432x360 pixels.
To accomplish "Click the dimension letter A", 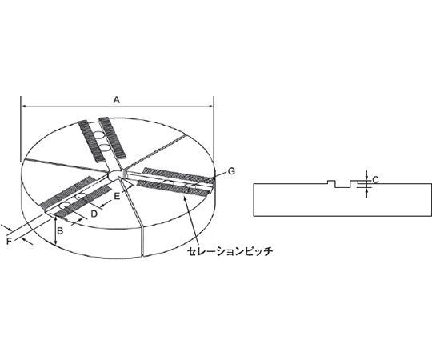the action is point(117,100).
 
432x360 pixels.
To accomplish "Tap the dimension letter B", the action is point(60,231).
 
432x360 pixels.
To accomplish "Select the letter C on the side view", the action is point(375,180).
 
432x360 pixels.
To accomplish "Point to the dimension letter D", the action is point(94,214).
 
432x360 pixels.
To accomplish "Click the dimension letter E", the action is point(117,197).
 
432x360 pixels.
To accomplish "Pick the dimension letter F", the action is point(9,242).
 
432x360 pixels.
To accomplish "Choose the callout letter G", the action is point(231,171).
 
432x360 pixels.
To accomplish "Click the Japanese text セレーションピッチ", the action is point(230,251).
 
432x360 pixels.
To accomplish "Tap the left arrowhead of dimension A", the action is point(23,106).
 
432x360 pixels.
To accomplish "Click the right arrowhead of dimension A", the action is point(211,106).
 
